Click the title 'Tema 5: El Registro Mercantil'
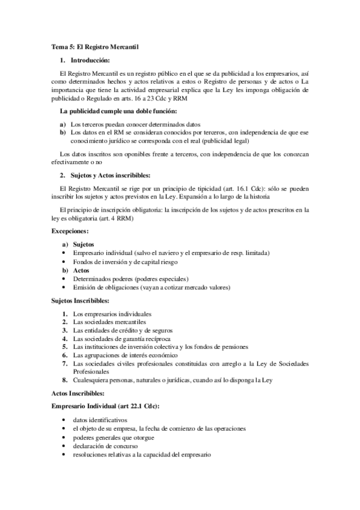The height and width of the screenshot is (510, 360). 96,47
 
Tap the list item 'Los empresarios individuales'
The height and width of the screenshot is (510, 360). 112,313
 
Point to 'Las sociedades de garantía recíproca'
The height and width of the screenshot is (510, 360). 121,339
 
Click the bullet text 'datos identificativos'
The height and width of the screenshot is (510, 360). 100,420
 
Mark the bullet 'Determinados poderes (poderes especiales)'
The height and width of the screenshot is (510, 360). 131,278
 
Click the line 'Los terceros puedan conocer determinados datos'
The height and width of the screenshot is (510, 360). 139,124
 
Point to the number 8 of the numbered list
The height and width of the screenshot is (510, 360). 64,380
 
